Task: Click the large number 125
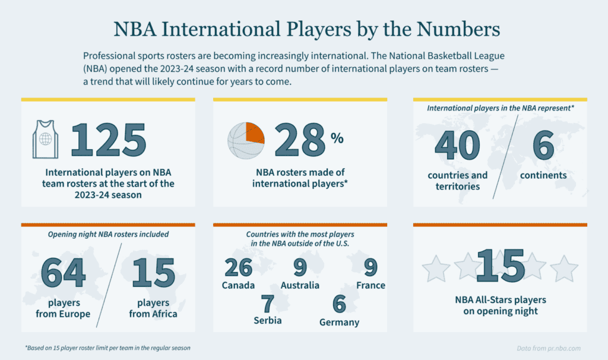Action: [x=109, y=141]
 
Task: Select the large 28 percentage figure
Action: [x=299, y=141]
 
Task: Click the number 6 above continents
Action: [x=543, y=145]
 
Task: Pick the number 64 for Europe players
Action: [x=63, y=273]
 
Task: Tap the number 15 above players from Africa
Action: [x=153, y=273]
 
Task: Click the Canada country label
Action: [x=238, y=286]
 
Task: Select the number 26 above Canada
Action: [x=238, y=267]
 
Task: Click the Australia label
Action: [x=300, y=286]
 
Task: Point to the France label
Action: [x=370, y=286]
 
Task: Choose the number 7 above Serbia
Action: [x=267, y=304]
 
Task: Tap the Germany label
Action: [x=339, y=323]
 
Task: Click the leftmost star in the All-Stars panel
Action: [x=436, y=269]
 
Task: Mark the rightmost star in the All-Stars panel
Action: [x=564, y=269]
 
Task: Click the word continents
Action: [x=543, y=175]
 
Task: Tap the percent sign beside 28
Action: [x=337, y=138]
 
